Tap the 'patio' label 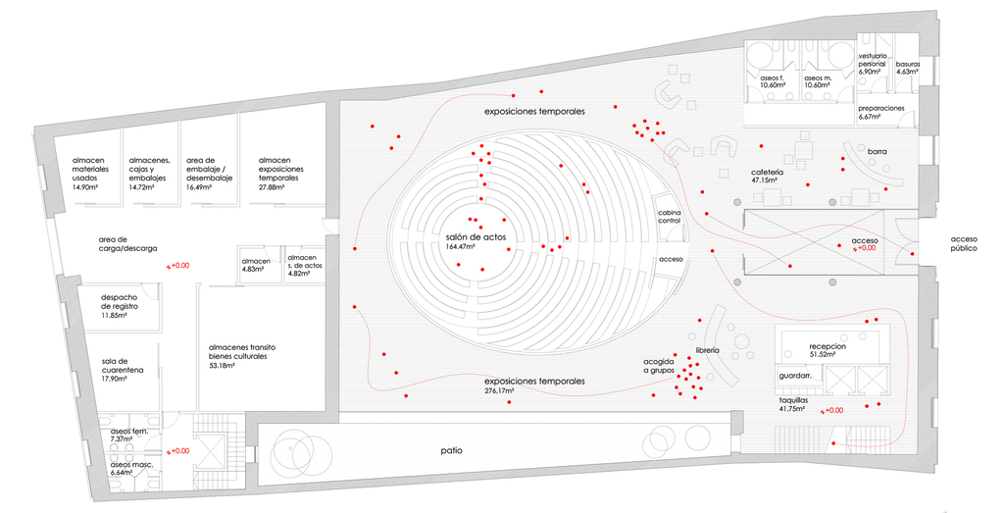(451, 451)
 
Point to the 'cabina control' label (670, 217)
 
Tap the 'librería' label (708, 350)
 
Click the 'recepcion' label (828, 347)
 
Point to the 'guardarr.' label (794, 377)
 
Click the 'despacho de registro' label (125, 301)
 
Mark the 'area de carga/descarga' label (127, 243)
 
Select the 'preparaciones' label (881, 108)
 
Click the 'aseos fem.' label (129, 431)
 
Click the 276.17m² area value (501, 390)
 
